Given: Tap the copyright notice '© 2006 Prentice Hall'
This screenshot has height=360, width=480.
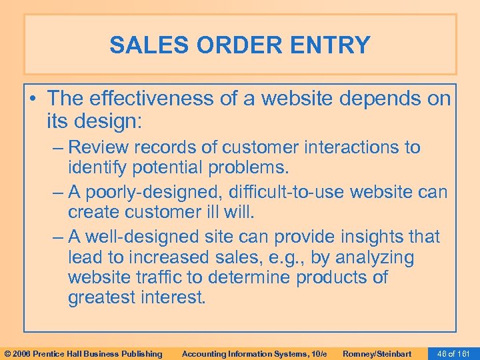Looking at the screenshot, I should tap(83, 353).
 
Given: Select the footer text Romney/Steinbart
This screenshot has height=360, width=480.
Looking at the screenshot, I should tap(377, 353).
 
